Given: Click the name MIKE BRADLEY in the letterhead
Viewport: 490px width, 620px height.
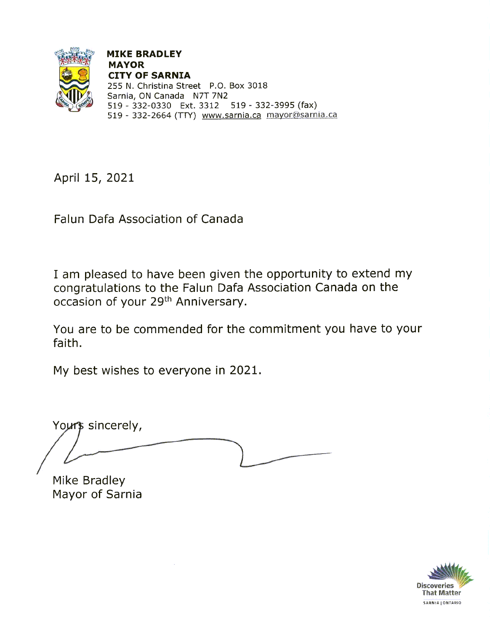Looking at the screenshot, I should pyautogui.click(x=144, y=54).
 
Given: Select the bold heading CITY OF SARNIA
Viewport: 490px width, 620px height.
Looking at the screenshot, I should pyautogui.click(x=149, y=75).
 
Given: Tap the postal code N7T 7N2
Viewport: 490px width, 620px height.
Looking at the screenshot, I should pyautogui.click(x=210, y=96).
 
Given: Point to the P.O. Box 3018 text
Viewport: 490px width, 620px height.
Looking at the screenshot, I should pyautogui.click(x=238, y=86).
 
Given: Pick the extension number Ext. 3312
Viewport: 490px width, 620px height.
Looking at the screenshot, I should pyautogui.click(x=200, y=105).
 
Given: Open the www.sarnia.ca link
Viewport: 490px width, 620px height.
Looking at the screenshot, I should pyautogui.click(x=231, y=115).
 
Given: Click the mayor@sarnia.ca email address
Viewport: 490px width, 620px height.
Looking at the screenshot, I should pyautogui.click(x=301, y=115).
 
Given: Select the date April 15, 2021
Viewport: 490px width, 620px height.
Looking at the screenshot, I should pyautogui.click(x=94, y=178).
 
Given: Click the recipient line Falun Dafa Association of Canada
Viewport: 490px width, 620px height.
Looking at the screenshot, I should pyautogui.click(x=148, y=219).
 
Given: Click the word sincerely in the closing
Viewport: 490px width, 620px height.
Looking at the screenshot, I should pyautogui.click(x=115, y=425).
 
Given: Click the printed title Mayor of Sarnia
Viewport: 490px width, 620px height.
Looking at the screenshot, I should pyautogui.click(x=97, y=494).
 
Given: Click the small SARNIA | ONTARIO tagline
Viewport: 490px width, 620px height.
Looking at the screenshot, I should pyautogui.click(x=442, y=603).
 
